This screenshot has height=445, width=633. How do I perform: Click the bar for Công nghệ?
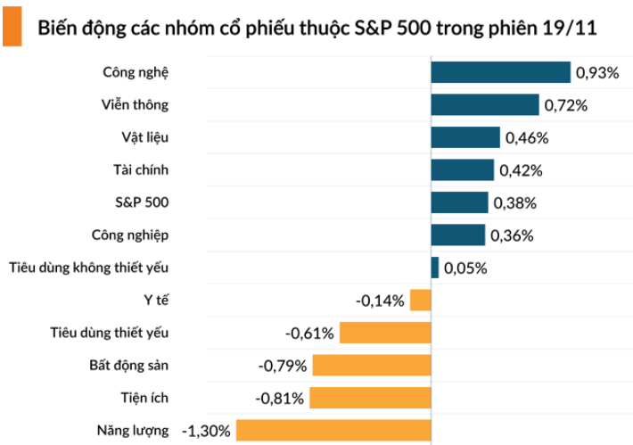(x=500, y=72)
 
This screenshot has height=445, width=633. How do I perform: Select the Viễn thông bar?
(x=485, y=105)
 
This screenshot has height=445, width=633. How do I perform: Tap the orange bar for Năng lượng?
(x=333, y=431)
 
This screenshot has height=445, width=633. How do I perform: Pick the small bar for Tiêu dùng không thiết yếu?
(x=435, y=268)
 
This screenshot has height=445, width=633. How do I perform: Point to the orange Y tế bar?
(x=421, y=301)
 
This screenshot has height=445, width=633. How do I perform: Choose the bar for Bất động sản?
(x=372, y=366)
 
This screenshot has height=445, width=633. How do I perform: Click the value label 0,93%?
(x=597, y=73)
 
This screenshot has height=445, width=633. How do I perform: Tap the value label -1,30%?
(x=206, y=431)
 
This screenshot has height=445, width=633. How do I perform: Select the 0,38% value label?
(x=515, y=203)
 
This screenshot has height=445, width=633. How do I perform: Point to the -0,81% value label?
(x=281, y=399)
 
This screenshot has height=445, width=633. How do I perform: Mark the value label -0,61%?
(x=309, y=334)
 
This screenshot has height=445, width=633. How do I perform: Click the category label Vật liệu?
(x=144, y=137)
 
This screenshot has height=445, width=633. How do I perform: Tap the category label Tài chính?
(x=141, y=169)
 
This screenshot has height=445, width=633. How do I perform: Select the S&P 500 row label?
(x=142, y=202)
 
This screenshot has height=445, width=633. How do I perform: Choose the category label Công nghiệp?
(x=129, y=235)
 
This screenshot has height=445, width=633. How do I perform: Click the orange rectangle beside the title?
(x=12, y=27)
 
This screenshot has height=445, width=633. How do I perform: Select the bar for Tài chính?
(x=462, y=170)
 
